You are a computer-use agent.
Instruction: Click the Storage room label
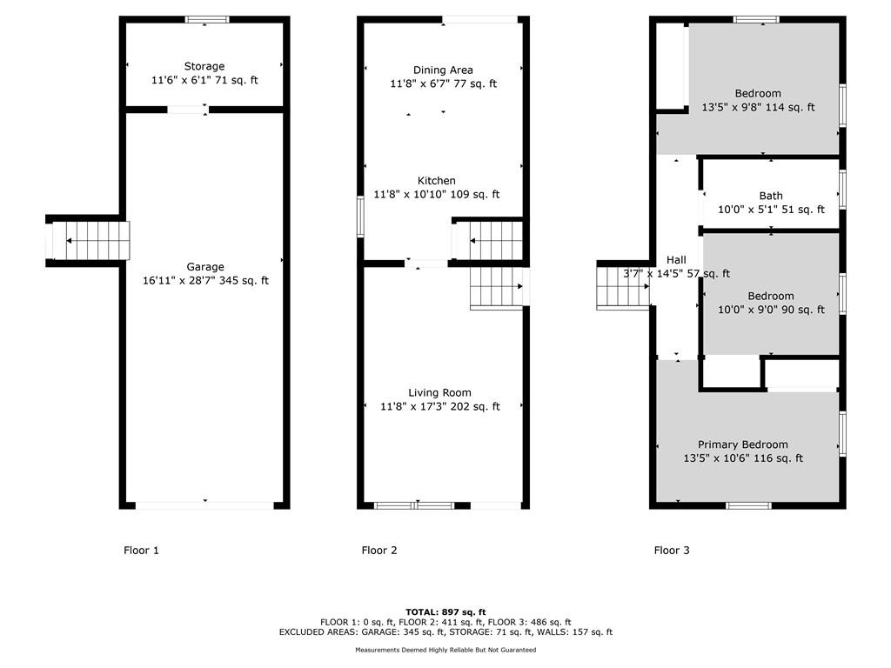pos(204,66)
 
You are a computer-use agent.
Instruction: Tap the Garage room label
pos(205,267)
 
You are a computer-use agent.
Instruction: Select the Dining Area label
pos(443,70)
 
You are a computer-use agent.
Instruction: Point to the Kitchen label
pos(437,181)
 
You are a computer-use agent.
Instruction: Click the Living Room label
pos(439,393)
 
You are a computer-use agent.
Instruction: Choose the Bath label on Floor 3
pos(771,196)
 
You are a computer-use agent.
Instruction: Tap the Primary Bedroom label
pos(743,444)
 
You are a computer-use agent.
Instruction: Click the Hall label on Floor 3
pos(676,259)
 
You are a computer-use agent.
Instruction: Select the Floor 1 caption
pos(142,550)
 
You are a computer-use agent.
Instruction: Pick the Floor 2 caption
pos(379,550)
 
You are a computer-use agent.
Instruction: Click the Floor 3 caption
pos(672,550)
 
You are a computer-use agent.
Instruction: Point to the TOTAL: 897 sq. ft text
pos(445,612)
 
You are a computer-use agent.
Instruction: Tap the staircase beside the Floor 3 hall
pos(623,287)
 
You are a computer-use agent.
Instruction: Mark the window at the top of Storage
pos(207,20)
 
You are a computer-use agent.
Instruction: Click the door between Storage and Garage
pos(187,110)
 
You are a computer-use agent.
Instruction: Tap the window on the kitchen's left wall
pos(360,217)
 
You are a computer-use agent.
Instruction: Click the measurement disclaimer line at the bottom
pos(445,650)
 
